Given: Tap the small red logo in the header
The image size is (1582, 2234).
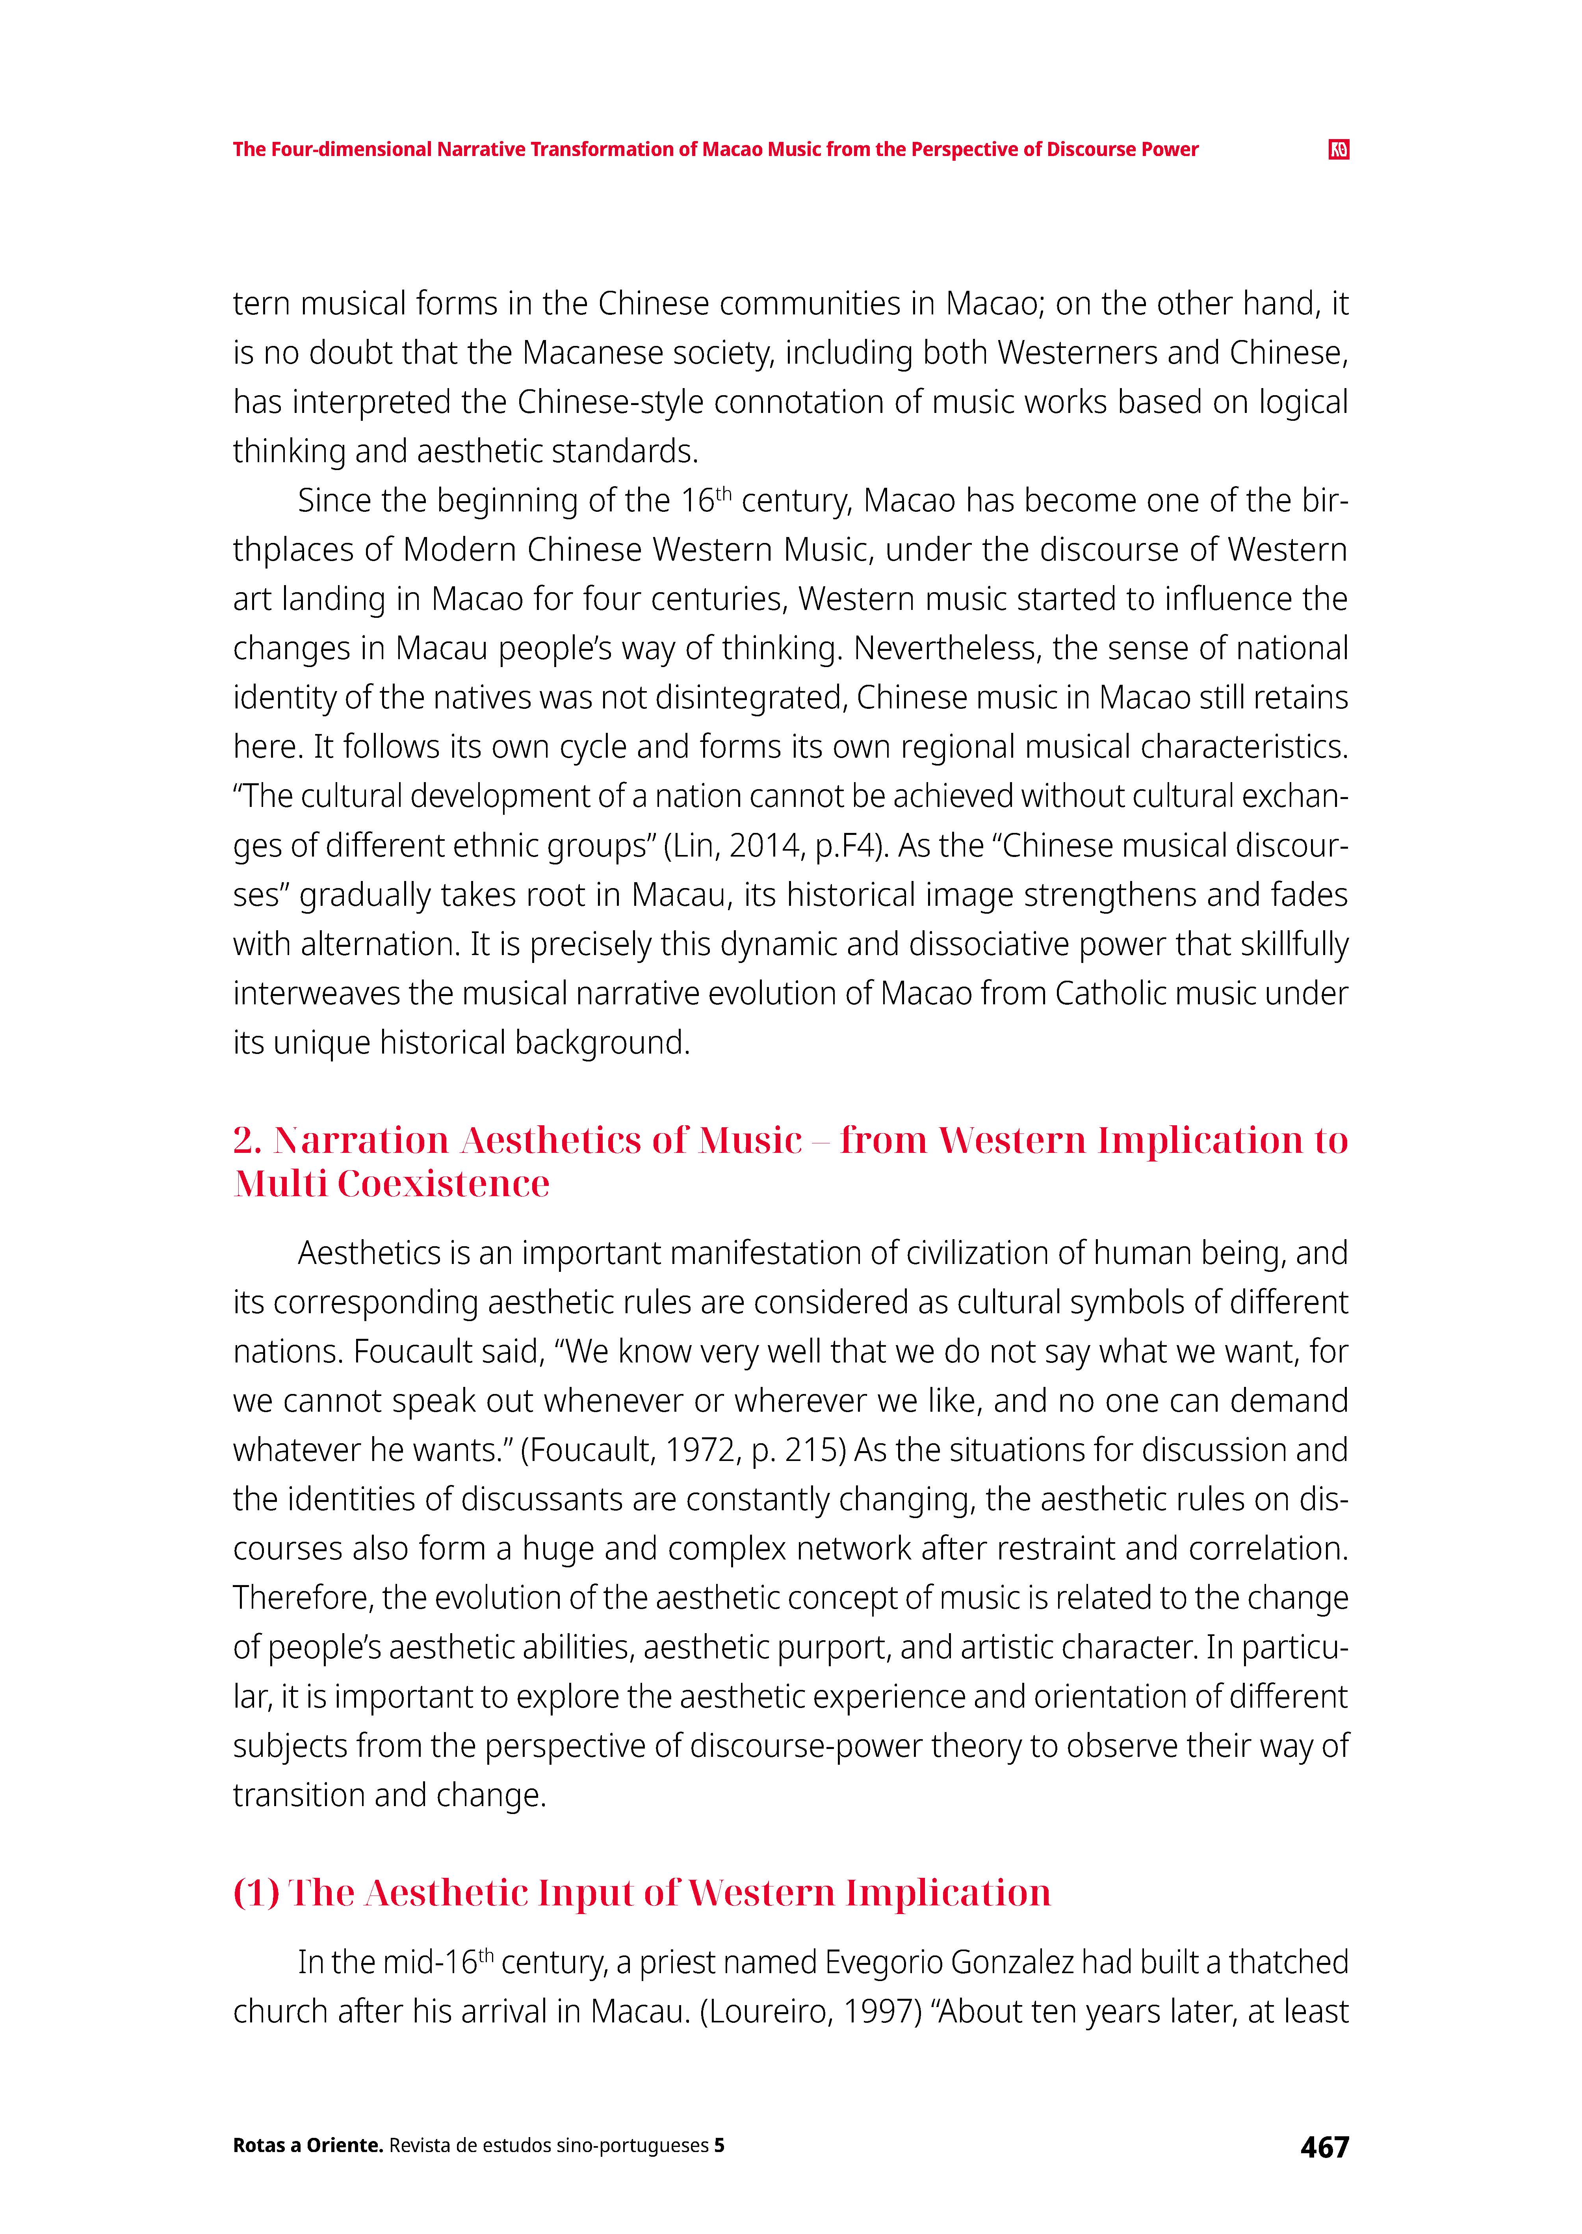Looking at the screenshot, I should tap(1339, 150).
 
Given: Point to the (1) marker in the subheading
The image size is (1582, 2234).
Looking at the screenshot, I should tap(256, 1892).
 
